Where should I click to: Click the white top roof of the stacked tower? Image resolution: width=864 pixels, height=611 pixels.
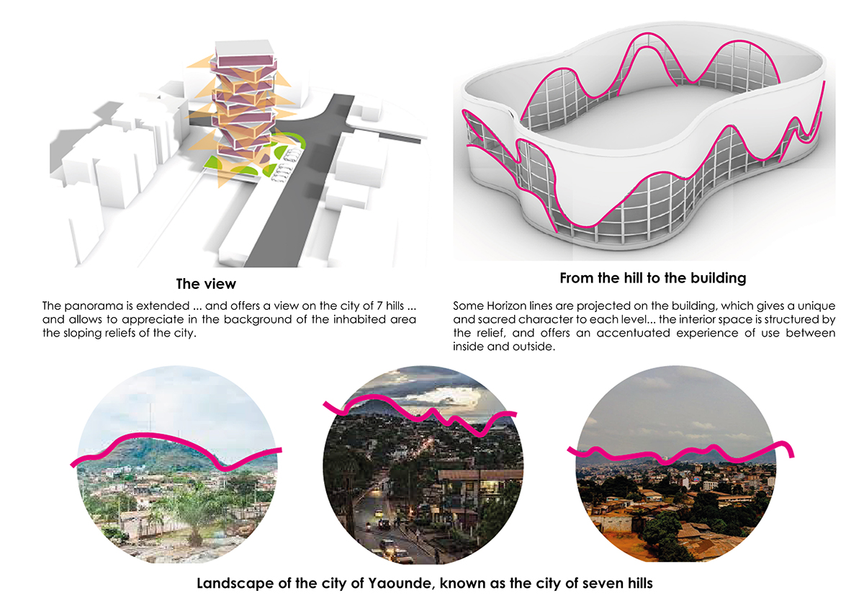[x=245, y=47]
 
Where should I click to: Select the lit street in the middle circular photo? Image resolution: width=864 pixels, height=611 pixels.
[x=374, y=519]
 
